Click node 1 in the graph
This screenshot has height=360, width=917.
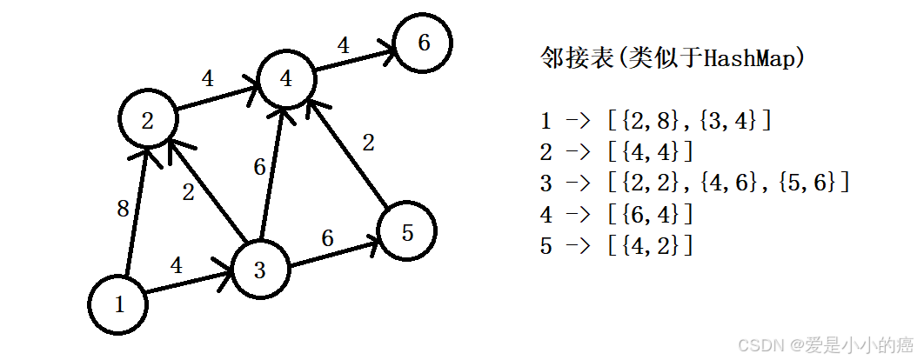tap(119, 304)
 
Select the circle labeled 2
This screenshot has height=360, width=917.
tap(149, 121)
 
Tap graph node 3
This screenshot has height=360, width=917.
tap(259, 270)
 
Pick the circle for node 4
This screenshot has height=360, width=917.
tap(286, 78)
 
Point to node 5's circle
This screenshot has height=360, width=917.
tap(405, 231)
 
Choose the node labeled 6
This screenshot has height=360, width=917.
tap(424, 43)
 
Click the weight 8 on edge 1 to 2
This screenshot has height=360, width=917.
tap(123, 209)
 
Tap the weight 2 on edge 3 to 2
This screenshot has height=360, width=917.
tap(189, 193)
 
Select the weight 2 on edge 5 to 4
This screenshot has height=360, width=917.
tap(369, 143)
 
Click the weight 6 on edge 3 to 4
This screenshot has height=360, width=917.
tap(259, 167)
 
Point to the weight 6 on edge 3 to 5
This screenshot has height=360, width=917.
tap(327, 237)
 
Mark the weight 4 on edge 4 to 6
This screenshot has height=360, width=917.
tap(343, 45)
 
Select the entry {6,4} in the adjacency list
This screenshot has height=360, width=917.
tap(653, 215)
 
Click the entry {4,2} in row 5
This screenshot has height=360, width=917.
tap(653, 246)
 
